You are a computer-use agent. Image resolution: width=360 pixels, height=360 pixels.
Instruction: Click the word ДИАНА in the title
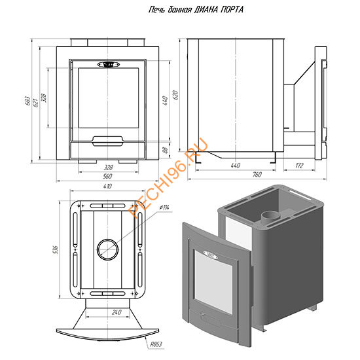[x=206, y=10]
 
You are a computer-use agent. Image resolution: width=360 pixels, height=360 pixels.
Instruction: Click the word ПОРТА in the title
[x=232, y=10]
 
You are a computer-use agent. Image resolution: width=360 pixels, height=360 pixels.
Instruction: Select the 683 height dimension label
[x=27, y=101]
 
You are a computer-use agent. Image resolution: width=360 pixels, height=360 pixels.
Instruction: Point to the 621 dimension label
[x=35, y=103]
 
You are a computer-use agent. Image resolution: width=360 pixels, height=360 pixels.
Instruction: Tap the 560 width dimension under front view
[x=108, y=176]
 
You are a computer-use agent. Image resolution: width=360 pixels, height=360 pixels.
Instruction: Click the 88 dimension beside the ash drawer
[x=165, y=150]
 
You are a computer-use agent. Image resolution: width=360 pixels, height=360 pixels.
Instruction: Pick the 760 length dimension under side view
[x=257, y=175]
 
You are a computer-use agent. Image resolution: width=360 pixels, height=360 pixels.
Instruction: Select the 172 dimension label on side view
[x=299, y=166]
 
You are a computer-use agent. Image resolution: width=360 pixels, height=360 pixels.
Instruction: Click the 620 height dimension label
[x=175, y=95]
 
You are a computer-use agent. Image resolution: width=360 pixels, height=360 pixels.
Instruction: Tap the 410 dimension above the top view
[x=108, y=186]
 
